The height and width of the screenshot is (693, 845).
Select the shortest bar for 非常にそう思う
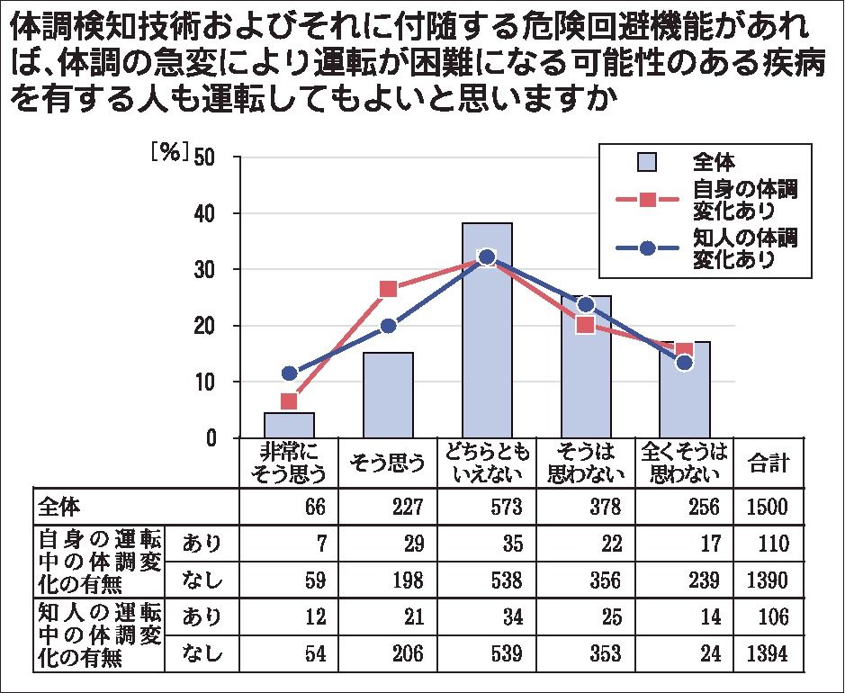point(289,425)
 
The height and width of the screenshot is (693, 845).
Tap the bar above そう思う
point(388,395)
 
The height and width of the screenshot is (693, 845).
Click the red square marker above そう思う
point(388,289)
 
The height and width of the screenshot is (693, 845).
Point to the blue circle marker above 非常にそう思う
point(289,373)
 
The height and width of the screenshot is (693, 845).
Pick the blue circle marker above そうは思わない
point(585,304)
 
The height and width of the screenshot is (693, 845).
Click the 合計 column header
point(768,463)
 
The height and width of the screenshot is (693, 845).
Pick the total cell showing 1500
point(768,507)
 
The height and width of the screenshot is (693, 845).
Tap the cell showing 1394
point(768,653)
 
